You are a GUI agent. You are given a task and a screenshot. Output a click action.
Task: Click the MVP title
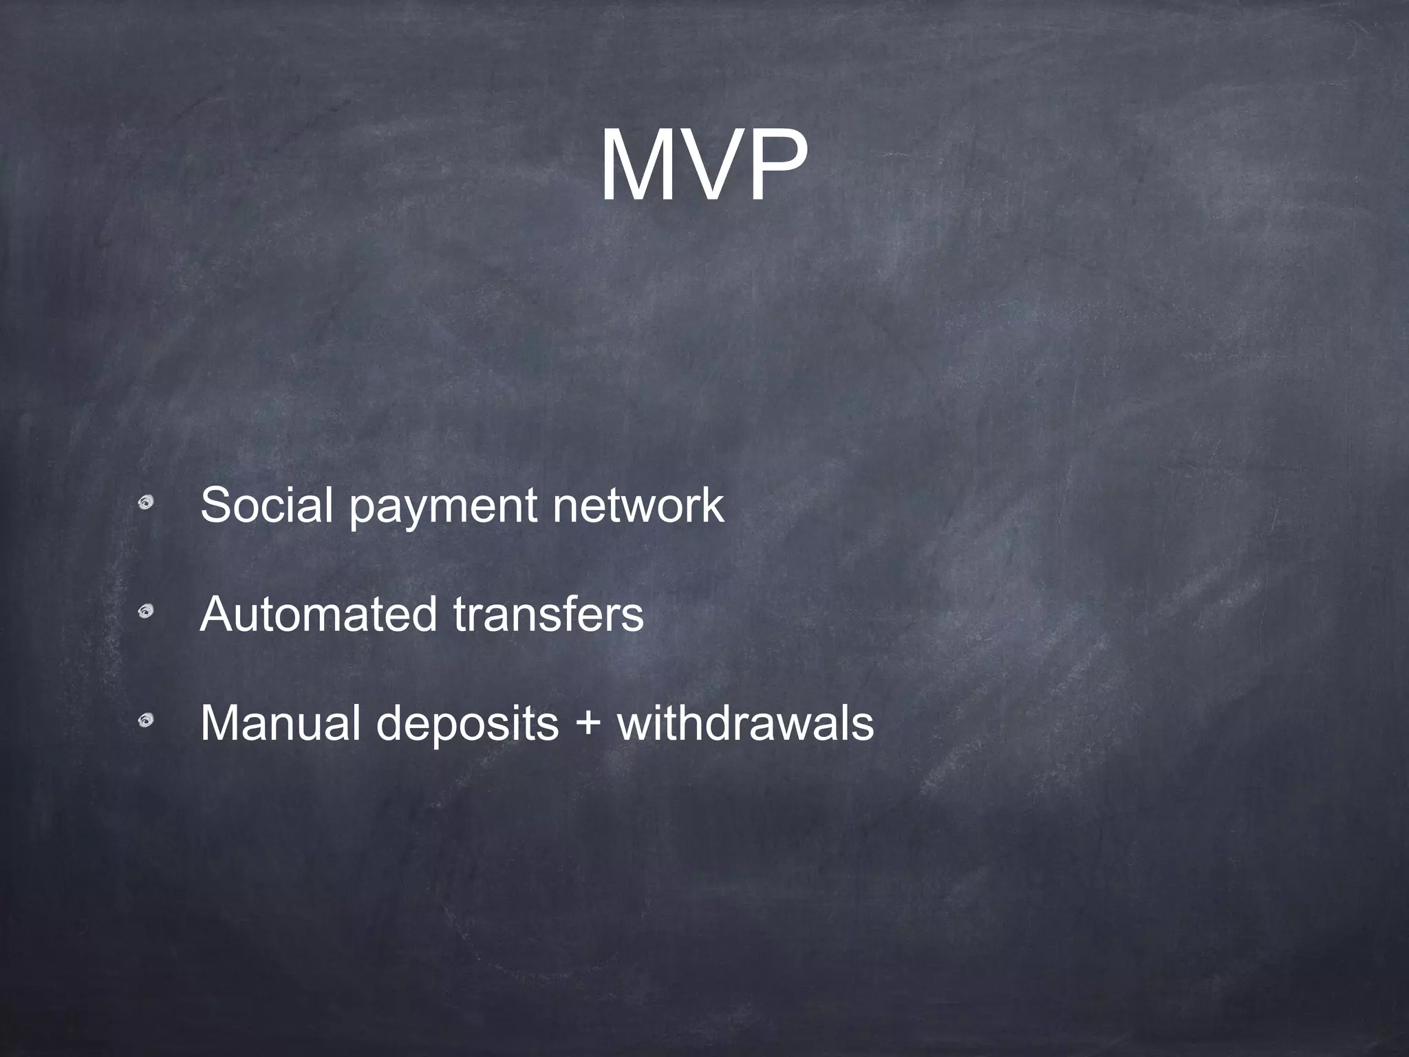703,167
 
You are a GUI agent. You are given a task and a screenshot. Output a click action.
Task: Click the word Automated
319,614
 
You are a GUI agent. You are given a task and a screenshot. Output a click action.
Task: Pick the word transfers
548,614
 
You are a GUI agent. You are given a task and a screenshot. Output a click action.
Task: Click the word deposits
467,726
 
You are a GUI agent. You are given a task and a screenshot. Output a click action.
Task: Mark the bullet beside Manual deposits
145,720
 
